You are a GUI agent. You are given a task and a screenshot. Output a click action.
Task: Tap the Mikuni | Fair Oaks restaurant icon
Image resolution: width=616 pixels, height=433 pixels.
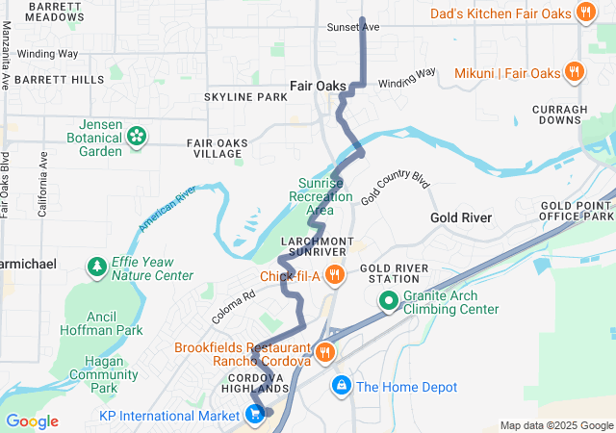(x=574, y=72)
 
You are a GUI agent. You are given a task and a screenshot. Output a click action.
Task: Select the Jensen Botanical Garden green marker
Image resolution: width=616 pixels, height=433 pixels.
(x=137, y=136)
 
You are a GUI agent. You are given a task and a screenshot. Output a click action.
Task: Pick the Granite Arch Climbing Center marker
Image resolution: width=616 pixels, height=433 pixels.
(x=389, y=300)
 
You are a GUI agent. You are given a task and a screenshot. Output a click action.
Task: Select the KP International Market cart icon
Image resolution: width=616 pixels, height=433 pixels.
(x=255, y=415)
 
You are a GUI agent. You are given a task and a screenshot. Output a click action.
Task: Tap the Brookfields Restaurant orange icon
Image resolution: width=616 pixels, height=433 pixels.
(x=326, y=353)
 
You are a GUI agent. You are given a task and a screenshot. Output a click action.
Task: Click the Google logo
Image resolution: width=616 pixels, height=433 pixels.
(x=31, y=421)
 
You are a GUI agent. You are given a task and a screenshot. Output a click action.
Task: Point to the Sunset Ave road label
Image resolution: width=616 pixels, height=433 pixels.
(x=353, y=27)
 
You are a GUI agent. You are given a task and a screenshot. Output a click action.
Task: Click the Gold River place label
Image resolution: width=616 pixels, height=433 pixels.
(x=460, y=218)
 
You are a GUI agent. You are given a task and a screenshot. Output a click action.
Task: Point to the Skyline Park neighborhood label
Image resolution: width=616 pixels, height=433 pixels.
(x=245, y=98)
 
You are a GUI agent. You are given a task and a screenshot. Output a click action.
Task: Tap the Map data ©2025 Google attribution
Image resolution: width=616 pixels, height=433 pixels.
(x=556, y=425)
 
